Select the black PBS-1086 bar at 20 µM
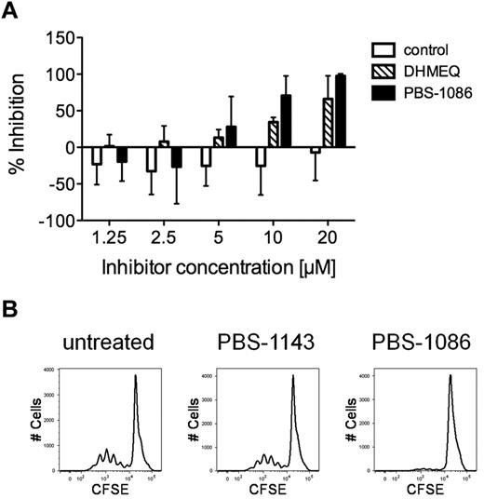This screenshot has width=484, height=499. click(x=339, y=111)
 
